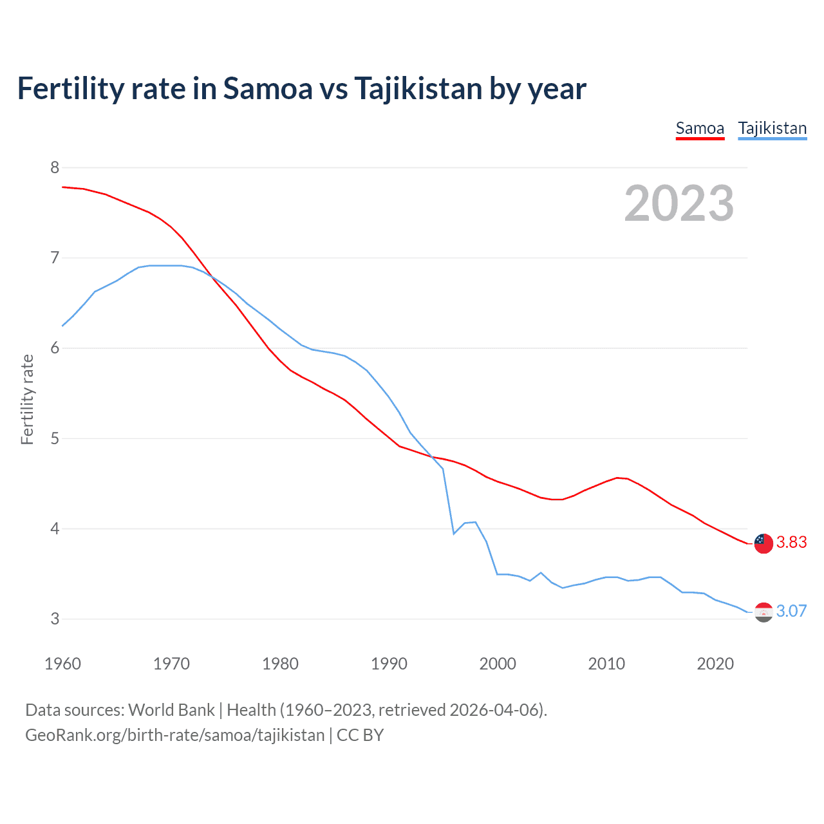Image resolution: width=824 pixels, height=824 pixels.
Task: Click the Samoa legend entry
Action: point(700,128)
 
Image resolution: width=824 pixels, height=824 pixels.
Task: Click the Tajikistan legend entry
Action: point(772,128)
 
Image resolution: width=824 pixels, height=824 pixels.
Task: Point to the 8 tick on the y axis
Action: point(54,168)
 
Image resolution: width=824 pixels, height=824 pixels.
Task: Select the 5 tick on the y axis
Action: point(54,438)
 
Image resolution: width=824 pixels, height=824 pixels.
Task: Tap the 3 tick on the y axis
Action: point(54,619)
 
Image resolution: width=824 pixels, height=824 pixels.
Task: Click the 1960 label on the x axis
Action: point(62,664)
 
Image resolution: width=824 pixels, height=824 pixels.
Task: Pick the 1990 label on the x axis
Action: point(389,664)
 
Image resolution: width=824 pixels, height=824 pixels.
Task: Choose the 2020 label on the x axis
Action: point(715,664)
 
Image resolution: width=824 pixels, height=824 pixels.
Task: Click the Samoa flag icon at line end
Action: point(763,543)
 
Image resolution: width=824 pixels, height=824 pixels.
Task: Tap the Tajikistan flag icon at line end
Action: point(763,612)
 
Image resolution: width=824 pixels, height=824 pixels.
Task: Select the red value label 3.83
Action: point(791,543)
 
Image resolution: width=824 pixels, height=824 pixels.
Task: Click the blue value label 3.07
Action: point(791,611)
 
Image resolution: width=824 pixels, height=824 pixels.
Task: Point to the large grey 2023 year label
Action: point(679,203)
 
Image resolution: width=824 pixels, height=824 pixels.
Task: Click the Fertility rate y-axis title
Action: point(27,399)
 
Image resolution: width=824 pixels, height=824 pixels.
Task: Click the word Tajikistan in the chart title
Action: point(418,88)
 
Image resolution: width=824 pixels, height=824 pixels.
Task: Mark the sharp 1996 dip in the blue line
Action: point(454,533)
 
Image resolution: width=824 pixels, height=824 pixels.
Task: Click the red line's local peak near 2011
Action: point(617,478)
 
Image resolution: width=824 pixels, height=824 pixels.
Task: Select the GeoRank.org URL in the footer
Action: point(174,735)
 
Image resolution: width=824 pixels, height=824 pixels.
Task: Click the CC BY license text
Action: point(360,735)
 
